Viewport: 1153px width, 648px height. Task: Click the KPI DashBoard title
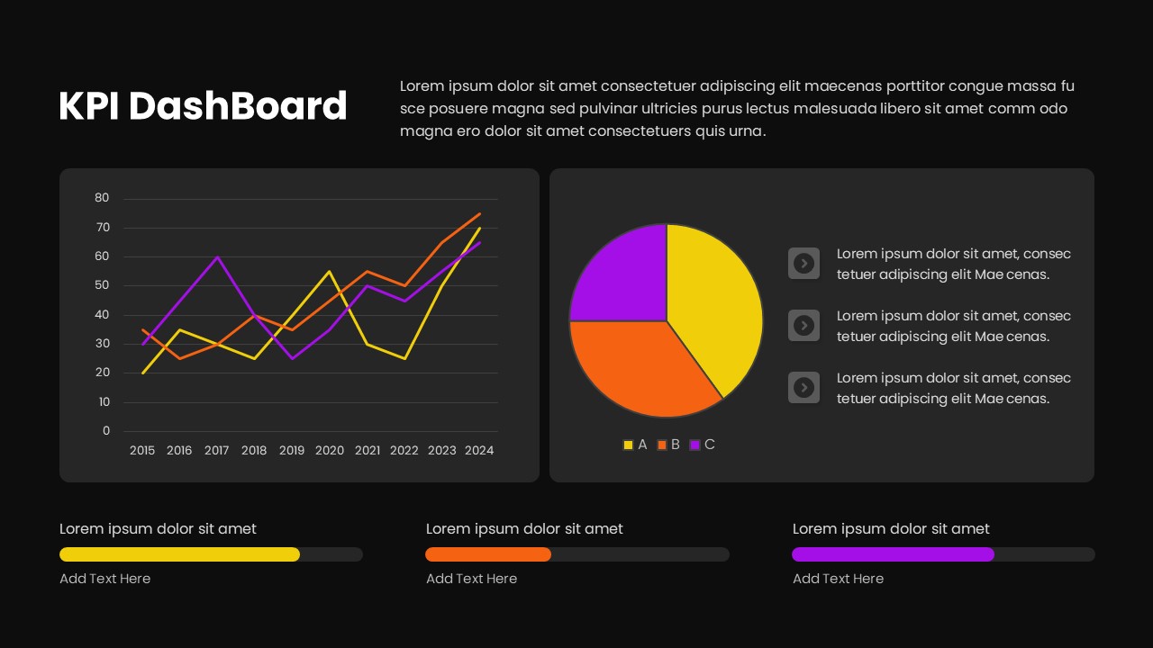(203, 106)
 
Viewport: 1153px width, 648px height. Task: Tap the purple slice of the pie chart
(622, 274)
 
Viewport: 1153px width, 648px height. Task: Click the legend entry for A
(635, 445)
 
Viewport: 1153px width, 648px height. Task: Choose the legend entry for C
(703, 445)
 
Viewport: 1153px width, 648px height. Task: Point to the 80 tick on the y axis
(102, 198)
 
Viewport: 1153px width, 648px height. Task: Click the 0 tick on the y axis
(105, 431)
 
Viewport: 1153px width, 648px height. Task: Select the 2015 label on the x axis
(142, 450)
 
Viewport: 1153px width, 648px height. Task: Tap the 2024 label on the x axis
(479, 450)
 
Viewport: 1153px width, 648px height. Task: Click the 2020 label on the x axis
(330, 450)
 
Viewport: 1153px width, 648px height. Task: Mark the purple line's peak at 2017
(217, 256)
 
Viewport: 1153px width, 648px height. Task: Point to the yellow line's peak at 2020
(330, 271)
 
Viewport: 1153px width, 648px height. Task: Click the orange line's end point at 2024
(480, 213)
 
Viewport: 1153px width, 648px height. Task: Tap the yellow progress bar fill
(179, 554)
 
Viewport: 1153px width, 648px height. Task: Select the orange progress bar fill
(488, 554)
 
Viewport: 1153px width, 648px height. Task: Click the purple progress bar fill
(893, 554)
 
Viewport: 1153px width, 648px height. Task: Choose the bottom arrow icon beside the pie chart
(803, 387)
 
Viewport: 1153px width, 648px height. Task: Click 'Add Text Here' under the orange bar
(471, 579)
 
